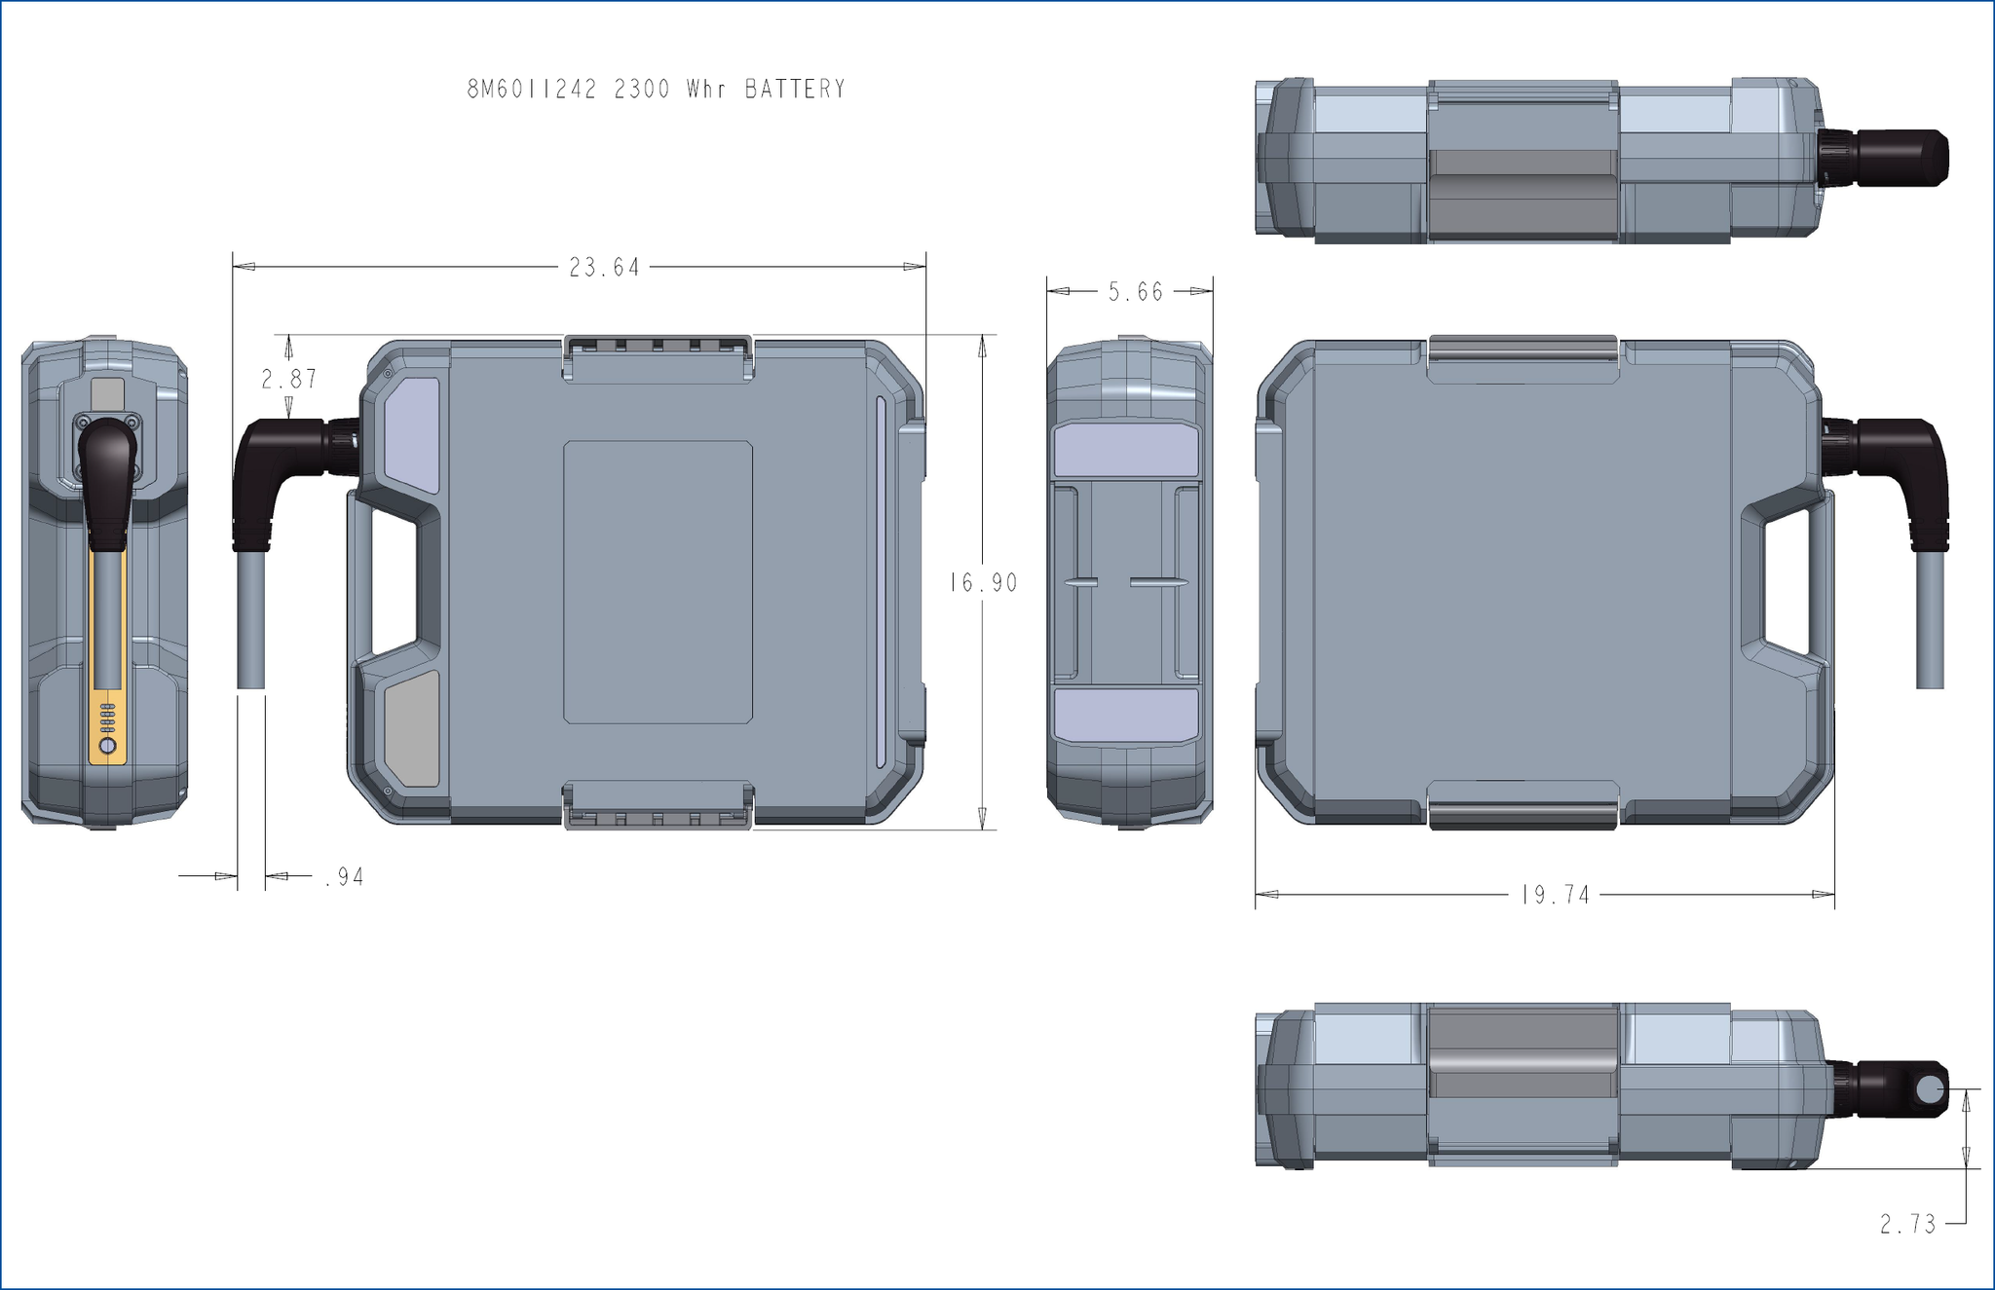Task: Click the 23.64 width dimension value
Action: (605, 268)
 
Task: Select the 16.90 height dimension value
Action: (984, 583)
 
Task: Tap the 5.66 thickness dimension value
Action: (1136, 292)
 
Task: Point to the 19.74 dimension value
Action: (1556, 895)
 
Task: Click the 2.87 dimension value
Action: (289, 379)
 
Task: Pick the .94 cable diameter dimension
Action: (344, 877)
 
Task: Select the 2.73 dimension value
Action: (1908, 1224)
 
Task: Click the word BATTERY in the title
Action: (796, 90)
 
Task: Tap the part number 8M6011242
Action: (532, 90)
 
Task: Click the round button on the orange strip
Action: (108, 747)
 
